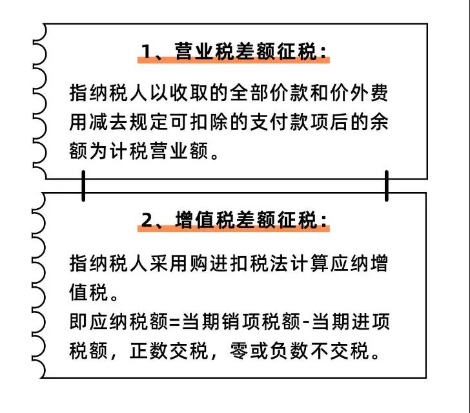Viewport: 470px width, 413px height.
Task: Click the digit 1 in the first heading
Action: click(147, 51)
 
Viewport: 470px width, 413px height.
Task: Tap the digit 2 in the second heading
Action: click(147, 220)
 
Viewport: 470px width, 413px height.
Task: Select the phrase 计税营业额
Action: click(159, 151)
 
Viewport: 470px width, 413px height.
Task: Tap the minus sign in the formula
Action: click(306, 322)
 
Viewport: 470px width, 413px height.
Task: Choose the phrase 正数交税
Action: click(169, 350)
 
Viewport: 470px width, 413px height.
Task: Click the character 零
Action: click(239, 350)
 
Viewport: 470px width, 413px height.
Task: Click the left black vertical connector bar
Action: click(83, 185)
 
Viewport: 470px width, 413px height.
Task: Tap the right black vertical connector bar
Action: click(387, 185)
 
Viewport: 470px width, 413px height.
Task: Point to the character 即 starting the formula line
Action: click(79, 321)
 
